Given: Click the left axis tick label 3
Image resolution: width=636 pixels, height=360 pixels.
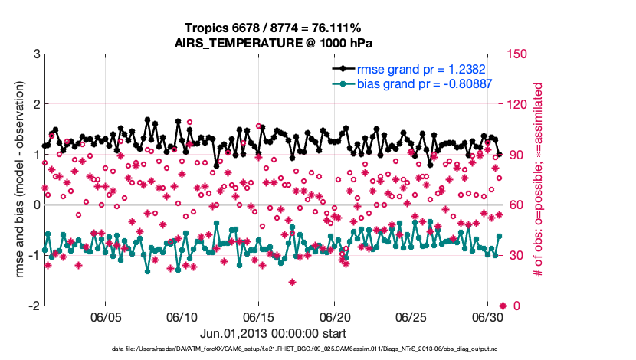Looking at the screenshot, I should tap(36, 54).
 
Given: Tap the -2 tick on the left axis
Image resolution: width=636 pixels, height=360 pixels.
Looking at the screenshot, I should tap(34, 306).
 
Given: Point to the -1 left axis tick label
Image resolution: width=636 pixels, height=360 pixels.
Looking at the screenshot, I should tap(34, 255).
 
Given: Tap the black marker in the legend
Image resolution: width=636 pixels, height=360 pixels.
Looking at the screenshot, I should tap(343, 69).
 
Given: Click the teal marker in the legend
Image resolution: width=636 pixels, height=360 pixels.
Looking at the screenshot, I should tap(343, 83).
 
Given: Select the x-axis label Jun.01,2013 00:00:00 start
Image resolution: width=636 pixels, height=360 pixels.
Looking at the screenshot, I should tap(274, 333).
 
